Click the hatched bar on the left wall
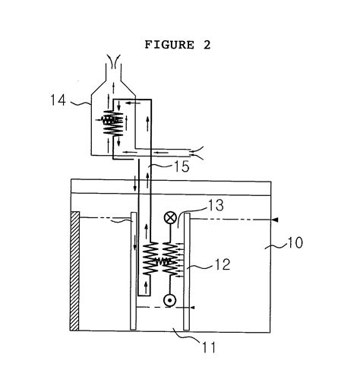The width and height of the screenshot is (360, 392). point(74,270)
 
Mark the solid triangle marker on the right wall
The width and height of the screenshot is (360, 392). point(275,218)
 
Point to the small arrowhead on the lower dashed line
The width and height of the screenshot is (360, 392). point(188,308)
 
